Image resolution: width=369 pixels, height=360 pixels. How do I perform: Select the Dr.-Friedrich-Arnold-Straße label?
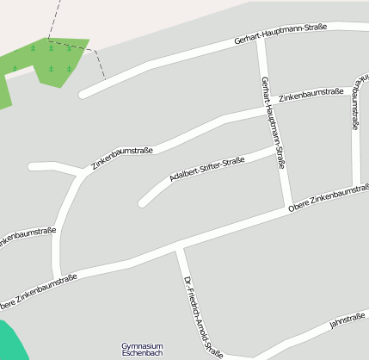pos(203,316)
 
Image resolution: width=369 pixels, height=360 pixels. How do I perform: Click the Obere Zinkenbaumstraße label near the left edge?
pos(38,292)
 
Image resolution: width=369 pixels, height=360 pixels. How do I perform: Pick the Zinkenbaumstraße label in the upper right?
pos(311,92)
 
